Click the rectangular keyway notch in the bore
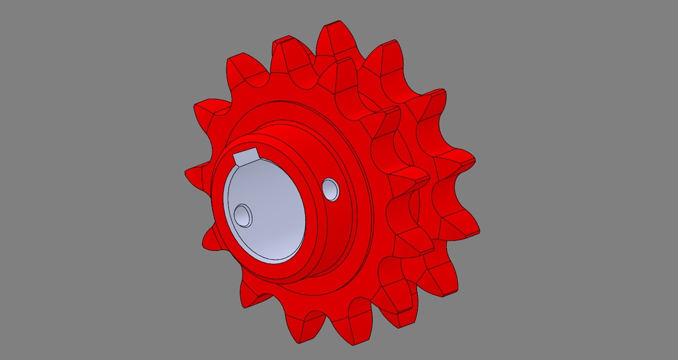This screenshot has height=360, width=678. pos(246,157)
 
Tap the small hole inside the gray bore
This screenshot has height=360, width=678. pos(242,214)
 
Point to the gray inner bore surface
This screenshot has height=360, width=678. pos(271,212)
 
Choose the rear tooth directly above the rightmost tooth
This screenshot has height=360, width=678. pos(457,162)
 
